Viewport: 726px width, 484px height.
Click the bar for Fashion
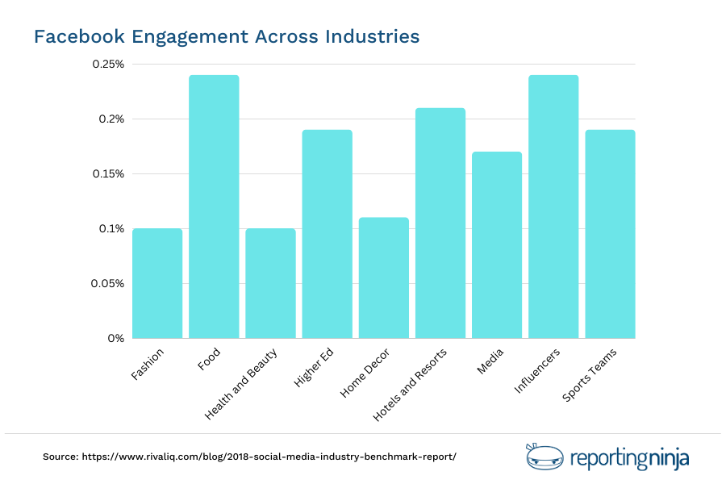157,283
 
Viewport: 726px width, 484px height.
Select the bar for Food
214,207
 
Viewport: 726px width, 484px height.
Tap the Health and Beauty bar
270,283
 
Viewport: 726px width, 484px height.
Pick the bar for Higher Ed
327,234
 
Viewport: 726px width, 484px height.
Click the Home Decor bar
384,277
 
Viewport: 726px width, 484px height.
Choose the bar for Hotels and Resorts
440,223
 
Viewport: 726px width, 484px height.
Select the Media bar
497,244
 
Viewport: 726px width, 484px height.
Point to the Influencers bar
553,207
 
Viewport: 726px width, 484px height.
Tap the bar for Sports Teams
610,234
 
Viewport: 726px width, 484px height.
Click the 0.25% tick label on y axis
106,65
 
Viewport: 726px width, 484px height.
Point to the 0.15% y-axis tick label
106,174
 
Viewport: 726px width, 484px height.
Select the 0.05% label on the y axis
106,284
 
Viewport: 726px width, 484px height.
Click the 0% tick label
116,339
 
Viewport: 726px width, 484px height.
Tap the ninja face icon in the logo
539,457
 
